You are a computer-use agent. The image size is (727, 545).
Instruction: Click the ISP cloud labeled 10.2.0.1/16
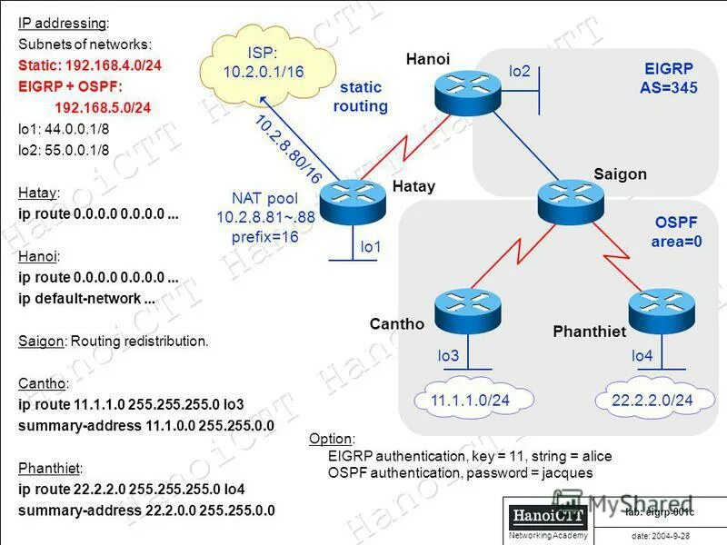click(262, 62)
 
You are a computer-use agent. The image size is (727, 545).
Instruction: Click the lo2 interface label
click(519, 71)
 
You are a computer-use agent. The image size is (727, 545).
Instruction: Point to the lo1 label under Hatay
click(371, 245)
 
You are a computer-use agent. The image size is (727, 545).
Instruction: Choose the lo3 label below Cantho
click(448, 357)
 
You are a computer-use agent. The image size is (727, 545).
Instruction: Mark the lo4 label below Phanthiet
click(642, 357)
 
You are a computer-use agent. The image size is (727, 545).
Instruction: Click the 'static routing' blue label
click(361, 96)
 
